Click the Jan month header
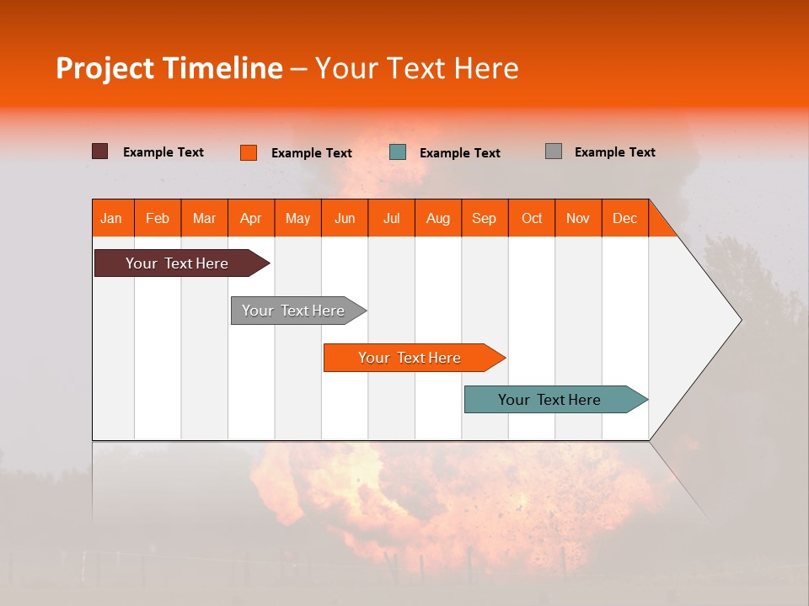point(112,218)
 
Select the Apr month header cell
point(251,218)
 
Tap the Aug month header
point(438,218)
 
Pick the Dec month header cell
point(625,218)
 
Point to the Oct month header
point(532,218)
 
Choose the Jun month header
point(345,218)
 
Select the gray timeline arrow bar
point(295,311)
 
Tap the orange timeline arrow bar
point(410,358)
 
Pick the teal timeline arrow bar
point(551,400)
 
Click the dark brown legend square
point(99,151)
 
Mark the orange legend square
point(248,152)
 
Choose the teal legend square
point(398,152)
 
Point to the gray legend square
point(553,151)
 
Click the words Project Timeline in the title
point(169,68)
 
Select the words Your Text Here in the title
point(417,68)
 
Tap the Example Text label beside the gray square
point(614,151)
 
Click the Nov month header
point(578,218)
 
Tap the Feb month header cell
point(158,218)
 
